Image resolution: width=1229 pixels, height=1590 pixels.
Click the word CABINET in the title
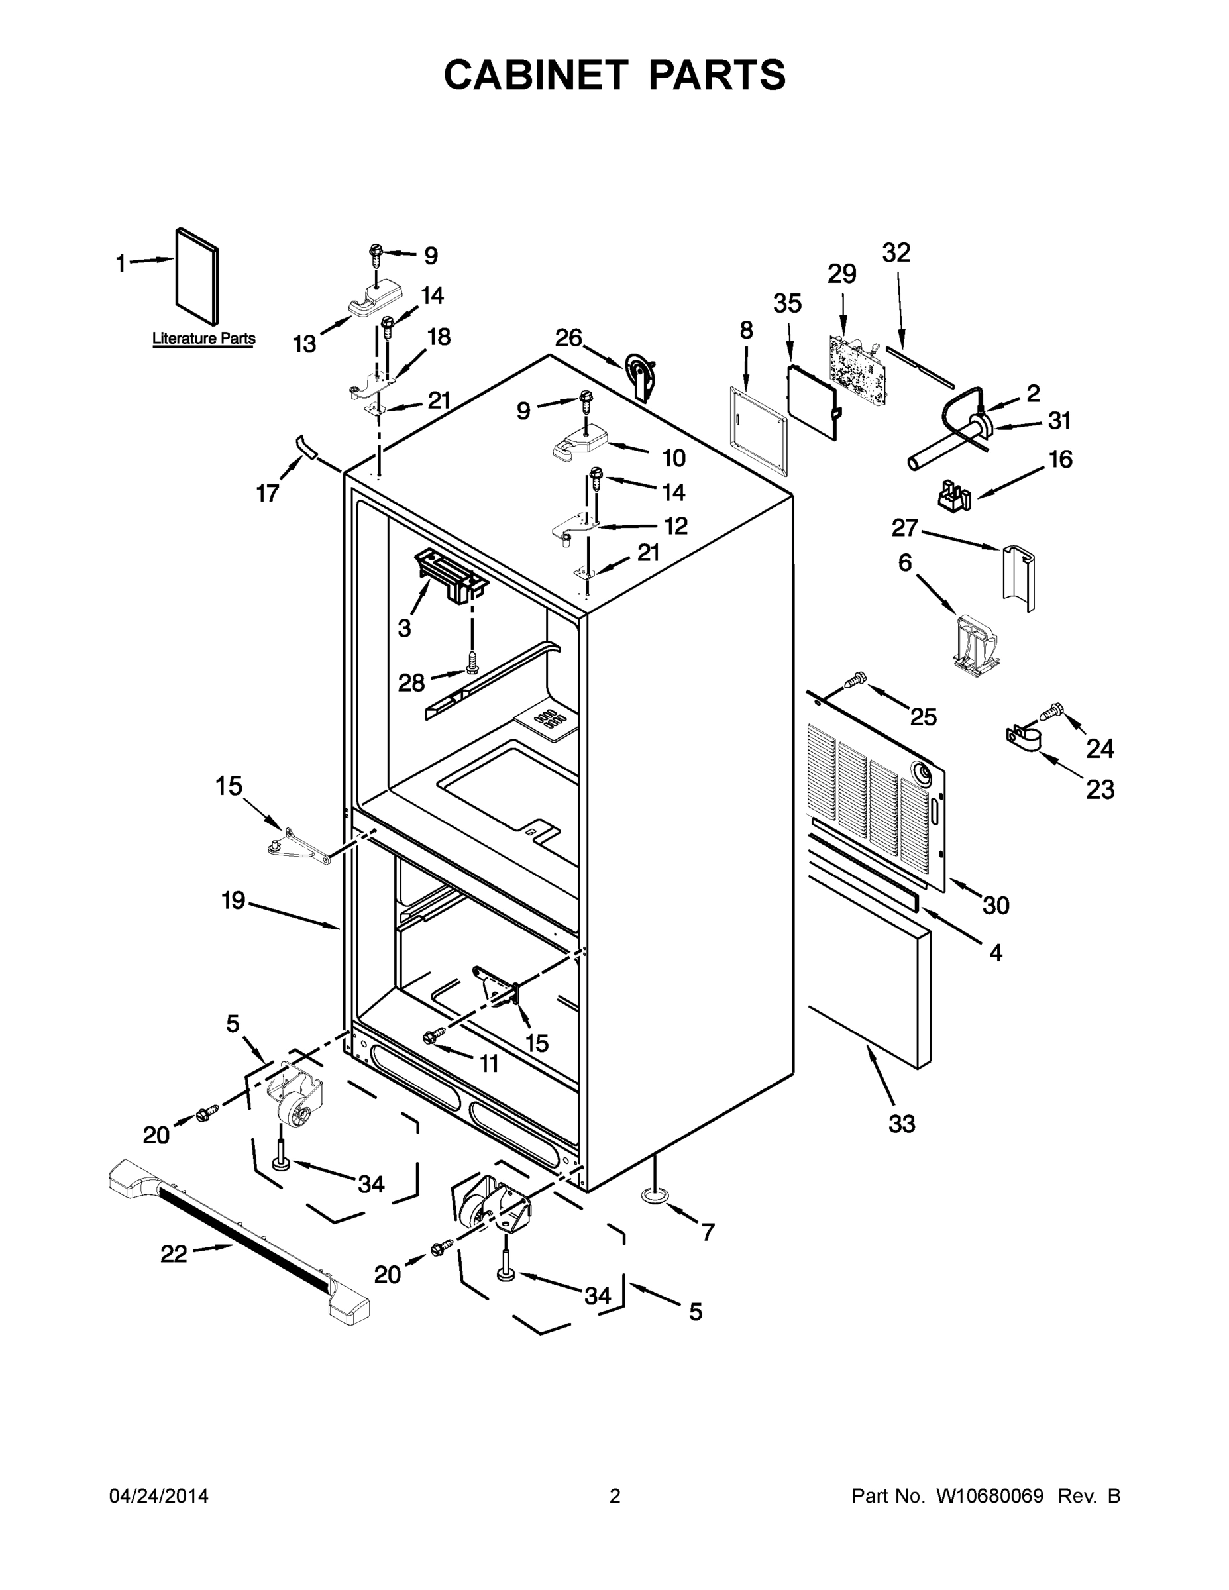[535, 75]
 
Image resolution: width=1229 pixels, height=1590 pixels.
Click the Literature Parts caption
[203, 339]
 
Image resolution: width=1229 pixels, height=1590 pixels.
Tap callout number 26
[568, 338]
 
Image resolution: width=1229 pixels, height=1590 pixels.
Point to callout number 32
[896, 253]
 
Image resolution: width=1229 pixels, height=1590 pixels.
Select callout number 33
[901, 1124]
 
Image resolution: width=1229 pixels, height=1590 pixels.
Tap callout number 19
[233, 900]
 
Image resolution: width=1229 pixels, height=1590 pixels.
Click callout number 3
[405, 628]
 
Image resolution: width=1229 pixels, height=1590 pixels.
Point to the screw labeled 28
[472, 663]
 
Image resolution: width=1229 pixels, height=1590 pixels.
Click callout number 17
[267, 494]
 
